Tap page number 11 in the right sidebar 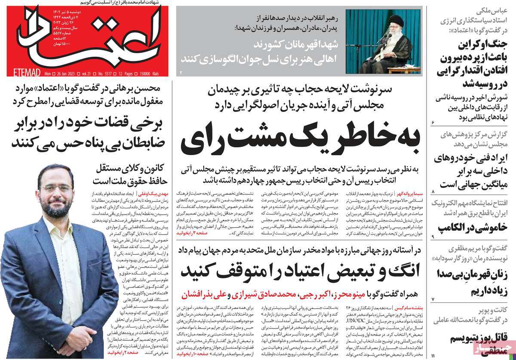(x=434, y=353)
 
